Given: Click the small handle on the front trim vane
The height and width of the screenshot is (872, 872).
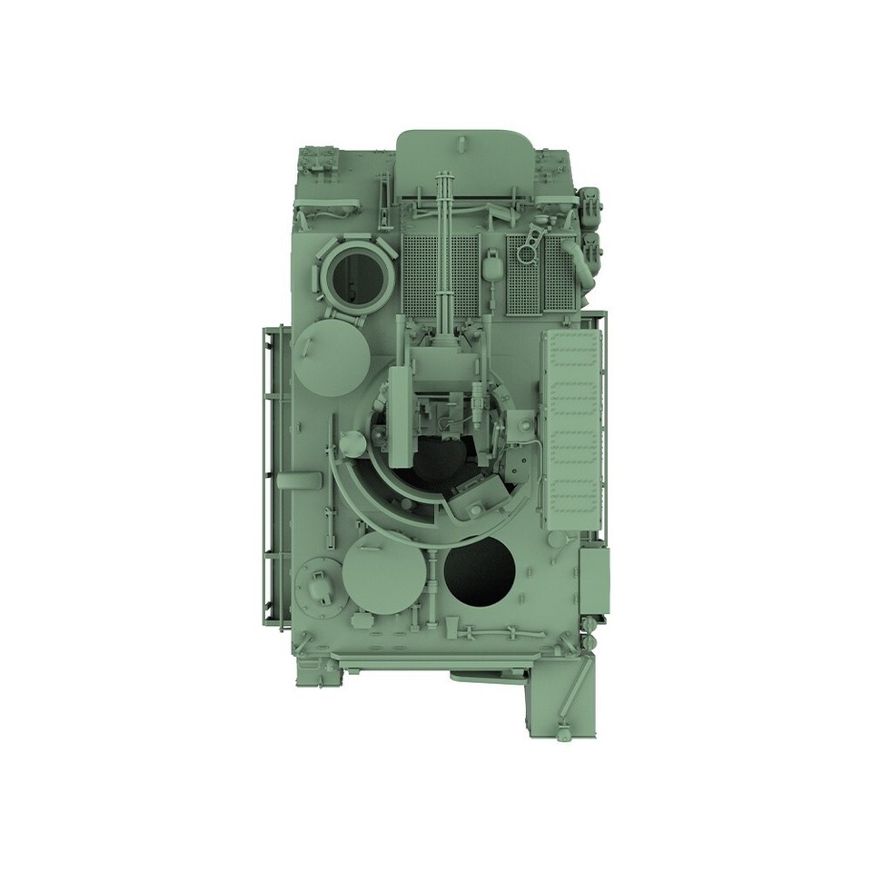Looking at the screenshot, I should [x=462, y=142].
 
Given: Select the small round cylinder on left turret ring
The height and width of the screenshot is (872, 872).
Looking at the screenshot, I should [x=352, y=444].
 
